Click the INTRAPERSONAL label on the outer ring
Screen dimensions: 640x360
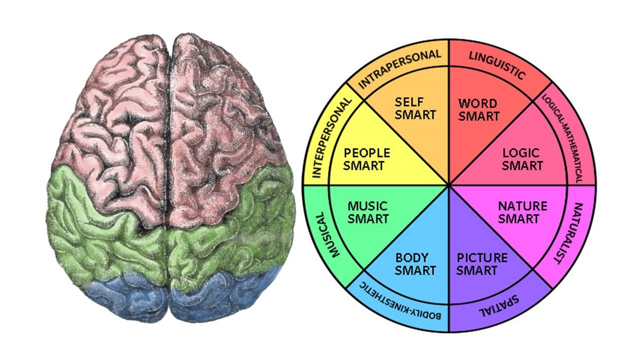tap(399, 68)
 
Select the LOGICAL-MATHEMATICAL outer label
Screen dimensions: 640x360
tap(562, 138)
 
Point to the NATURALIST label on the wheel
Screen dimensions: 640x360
tap(568, 233)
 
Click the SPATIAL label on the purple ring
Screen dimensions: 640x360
tap(499, 305)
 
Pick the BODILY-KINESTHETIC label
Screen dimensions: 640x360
tap(400, 301)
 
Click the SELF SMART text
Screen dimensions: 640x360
tap(415, 108)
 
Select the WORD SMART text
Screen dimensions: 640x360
tap(478, 110)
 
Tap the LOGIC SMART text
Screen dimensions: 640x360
tap(522, 159)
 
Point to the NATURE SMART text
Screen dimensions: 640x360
tap(522, 212)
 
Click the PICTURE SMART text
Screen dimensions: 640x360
tap(481, 264)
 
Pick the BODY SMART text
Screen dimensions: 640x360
tap(415, 264)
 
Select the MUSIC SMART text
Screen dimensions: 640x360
tap(367, 212)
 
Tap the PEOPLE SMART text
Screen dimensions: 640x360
tap(366, 159)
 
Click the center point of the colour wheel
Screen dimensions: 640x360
tap(449, 185)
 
